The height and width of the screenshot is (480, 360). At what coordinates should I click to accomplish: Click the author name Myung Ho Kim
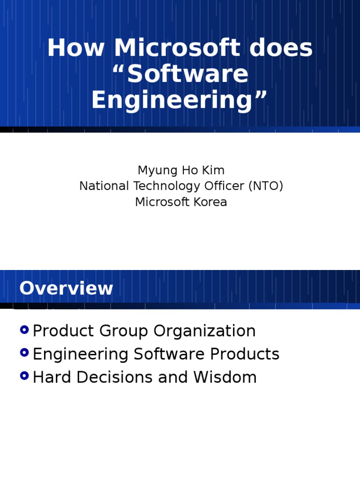click(181, 170)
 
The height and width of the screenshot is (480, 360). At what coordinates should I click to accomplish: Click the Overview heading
click(66, 288)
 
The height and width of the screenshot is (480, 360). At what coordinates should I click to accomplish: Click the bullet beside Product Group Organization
click(25, 330)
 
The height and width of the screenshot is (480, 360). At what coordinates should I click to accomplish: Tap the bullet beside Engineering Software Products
click(25, 353)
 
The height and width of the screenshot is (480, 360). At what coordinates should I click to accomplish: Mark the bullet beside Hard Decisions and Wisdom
click(25, 376)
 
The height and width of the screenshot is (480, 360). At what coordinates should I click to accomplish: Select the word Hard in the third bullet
click(52, 377)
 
